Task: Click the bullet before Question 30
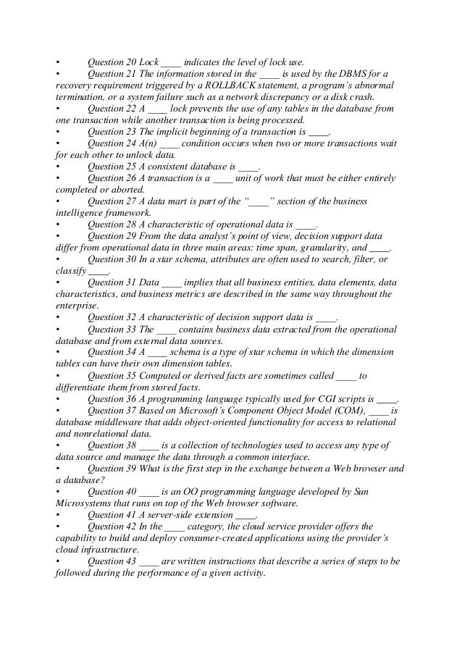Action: point(58,259)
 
